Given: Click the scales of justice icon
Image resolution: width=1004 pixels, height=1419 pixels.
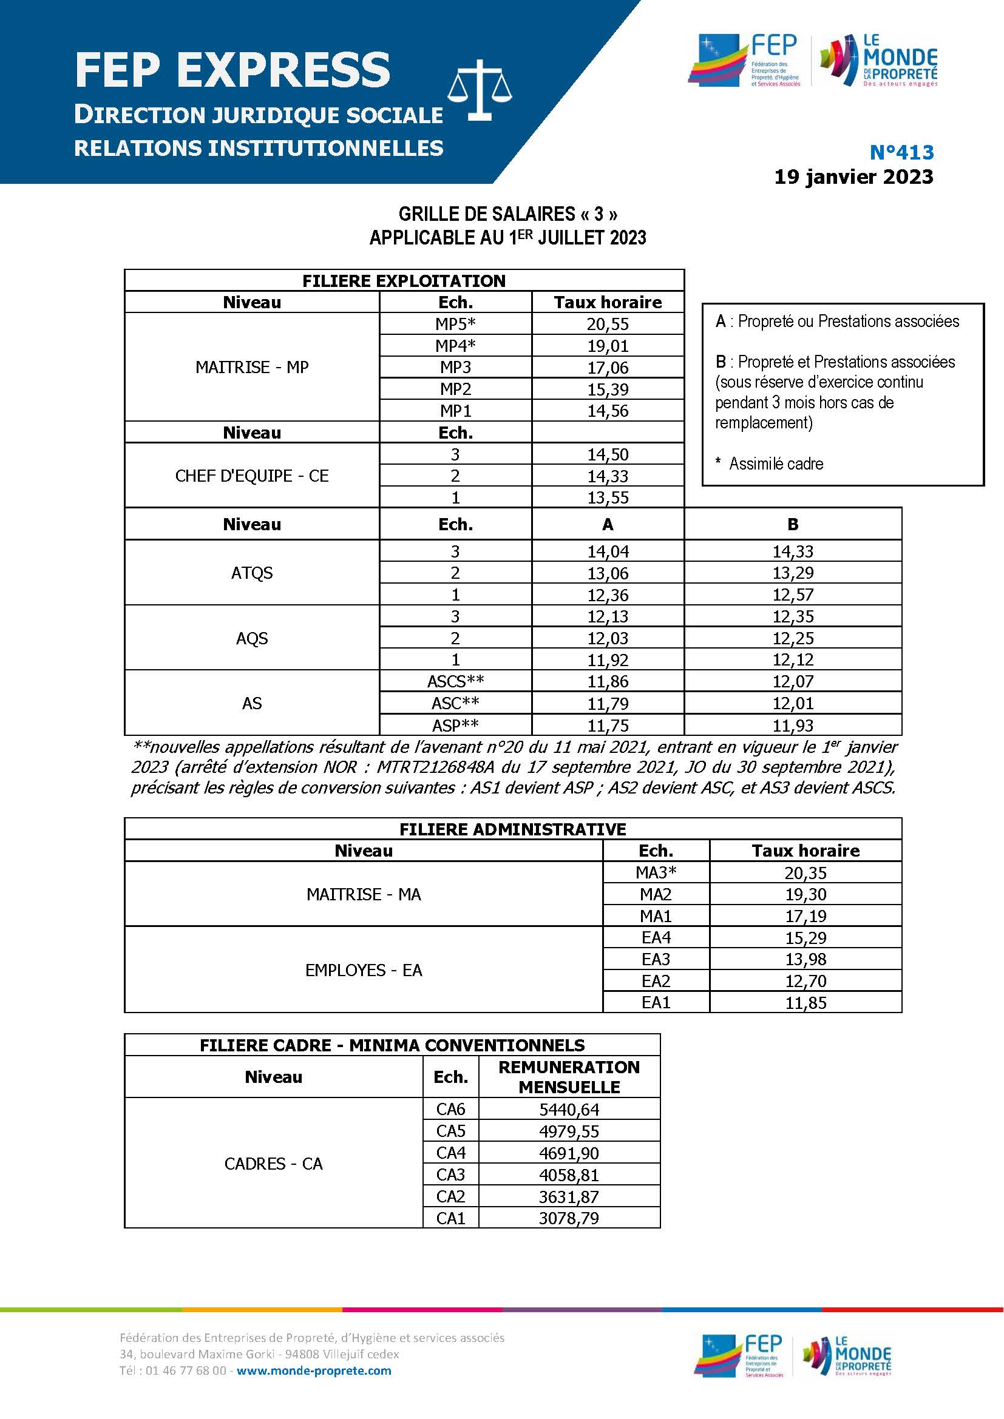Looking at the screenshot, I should coord(480,93).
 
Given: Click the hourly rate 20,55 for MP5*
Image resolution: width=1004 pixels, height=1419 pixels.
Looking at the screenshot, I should coord(607,324).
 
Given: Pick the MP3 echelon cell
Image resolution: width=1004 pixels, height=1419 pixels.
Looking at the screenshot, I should coord(455,367).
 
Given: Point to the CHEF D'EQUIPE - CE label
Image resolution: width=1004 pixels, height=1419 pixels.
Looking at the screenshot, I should coord(252,476).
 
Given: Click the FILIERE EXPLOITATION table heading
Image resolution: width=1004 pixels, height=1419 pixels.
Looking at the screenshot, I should coord(404,281).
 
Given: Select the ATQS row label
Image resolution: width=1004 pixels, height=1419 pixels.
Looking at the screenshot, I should coord(252,573).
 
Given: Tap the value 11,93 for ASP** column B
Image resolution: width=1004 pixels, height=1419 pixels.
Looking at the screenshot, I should coord(793,725).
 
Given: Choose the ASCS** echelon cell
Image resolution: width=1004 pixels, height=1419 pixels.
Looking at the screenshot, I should coord(455,682).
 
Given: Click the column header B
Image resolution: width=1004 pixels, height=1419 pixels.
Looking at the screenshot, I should coord(793,524).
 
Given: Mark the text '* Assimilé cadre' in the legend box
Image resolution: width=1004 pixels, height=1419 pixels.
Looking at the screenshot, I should coord(770,463).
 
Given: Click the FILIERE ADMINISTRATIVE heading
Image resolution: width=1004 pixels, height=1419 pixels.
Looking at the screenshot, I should coord(512,829).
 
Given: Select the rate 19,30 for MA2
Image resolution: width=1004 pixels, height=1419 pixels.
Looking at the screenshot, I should coord(805,894).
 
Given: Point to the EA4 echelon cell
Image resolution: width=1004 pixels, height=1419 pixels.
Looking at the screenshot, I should coord(656,937).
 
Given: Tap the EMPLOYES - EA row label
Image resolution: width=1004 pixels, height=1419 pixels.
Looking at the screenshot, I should coord(364,970).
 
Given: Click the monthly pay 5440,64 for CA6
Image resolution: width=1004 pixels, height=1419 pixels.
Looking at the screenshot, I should coord(569,1110).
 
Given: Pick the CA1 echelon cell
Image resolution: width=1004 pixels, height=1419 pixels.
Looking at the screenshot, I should coord(450,1218).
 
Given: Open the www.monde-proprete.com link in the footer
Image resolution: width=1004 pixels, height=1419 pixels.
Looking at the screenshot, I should coord(313,1370).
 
